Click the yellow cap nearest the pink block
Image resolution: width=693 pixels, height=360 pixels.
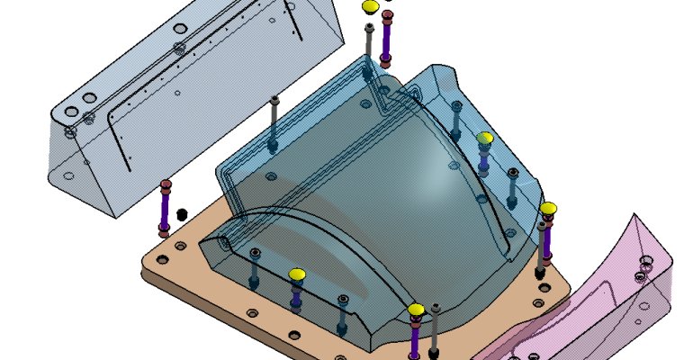(x=548, y=210)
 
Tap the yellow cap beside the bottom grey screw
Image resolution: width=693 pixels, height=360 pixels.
(x=415, y=310)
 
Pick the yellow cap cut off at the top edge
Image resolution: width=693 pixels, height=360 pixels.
(x=370, y=7)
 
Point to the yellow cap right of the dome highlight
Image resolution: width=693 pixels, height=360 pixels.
(x=484, y=138)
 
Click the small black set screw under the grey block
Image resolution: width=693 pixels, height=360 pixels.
(x=182, y=214)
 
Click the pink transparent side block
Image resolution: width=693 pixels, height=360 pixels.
(x=612, y=297)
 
